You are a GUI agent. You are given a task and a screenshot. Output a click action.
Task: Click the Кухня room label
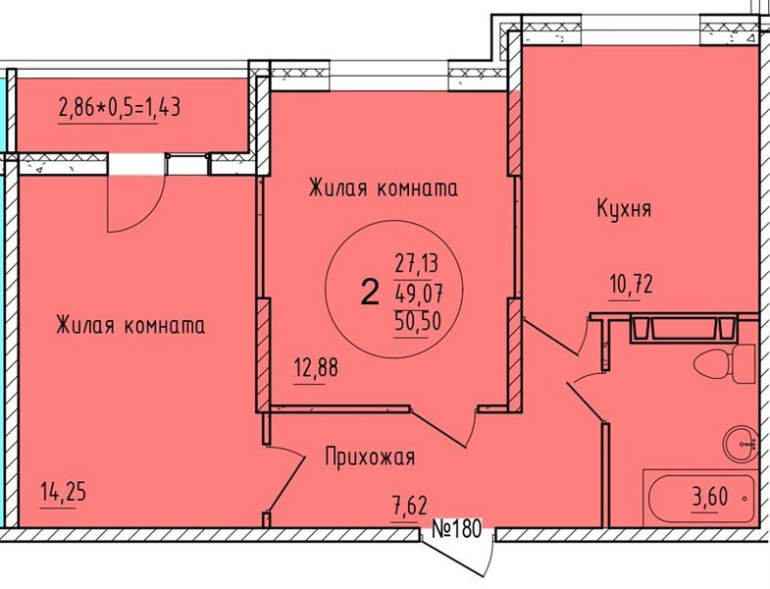tap(624, 208)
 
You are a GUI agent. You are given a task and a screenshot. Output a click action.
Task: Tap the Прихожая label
tap(371, 456)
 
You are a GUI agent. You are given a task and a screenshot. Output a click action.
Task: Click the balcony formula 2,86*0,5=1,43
tap(119, 107)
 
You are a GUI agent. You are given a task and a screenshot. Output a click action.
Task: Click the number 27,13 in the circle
tap(415, 262)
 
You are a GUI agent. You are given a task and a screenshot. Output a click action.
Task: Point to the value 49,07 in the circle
tap(415, 293)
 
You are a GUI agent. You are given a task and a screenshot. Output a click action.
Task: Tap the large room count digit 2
tap(369, 293)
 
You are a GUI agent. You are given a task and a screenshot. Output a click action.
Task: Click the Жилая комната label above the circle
tap(384, 187)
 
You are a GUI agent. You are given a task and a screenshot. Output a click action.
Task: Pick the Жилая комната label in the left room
tap(129, 325)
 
